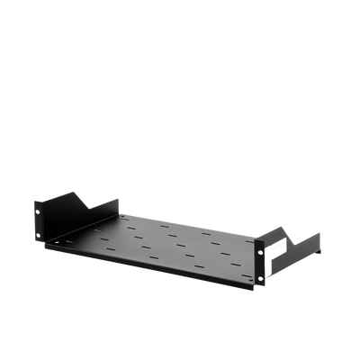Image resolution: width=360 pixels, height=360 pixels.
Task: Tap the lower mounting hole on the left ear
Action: point(40,238)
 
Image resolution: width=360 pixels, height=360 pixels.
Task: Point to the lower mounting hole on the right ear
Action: point(261,278)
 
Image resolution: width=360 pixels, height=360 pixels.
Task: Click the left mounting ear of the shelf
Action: point(40,224)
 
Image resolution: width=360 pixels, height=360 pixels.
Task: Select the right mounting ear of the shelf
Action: point(260,262)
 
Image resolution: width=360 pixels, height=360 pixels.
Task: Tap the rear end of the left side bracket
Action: point(118,200)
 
